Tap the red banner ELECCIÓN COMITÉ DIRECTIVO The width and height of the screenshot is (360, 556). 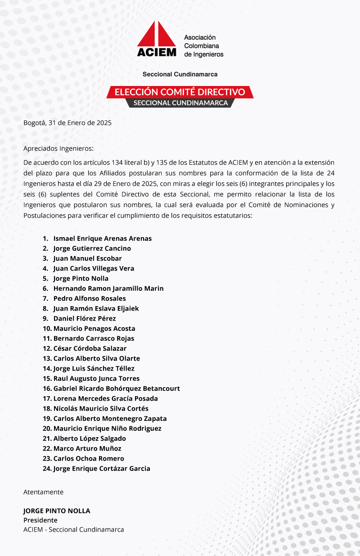click(x=180, y=92)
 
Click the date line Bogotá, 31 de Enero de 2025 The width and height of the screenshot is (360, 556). click(x=67, y=122)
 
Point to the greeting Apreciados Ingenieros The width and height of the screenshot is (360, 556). click(x=58, y=148)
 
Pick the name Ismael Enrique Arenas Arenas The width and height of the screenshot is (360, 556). click(x=102, y=239)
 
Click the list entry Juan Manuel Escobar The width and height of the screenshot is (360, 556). click(x=87, y=258)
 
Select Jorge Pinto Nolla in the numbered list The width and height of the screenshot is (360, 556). click(x=81, y=279)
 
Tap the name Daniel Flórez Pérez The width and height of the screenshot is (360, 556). click(x=85, y=318)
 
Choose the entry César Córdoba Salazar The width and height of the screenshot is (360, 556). click(x=90, y=348)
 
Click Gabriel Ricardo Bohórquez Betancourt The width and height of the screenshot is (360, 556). click(x=117, y=389)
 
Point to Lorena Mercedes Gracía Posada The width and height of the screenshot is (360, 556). click(x=105, y=398)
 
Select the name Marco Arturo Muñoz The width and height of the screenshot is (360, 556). click(x=87, y=448)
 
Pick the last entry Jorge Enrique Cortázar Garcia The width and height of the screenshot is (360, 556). click(x=101, y=469)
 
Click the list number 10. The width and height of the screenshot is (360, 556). click(x=47, y=329)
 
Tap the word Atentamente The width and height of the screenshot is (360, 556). click(x=43, y=492)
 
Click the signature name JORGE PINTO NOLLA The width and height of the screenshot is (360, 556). click(x=57, y=511)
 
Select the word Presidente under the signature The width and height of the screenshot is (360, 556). click(x=40, y=520)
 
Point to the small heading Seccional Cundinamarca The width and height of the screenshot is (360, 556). click(x=180, y=74)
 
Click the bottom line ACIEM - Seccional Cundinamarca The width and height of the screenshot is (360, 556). click(x=73, y=529)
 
